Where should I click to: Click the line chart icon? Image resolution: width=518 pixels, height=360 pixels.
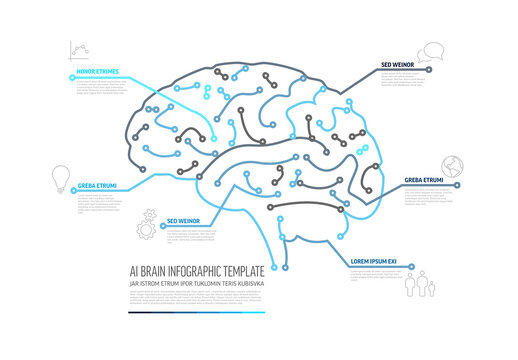(78, 50)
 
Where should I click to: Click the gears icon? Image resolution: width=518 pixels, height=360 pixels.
(147, 221)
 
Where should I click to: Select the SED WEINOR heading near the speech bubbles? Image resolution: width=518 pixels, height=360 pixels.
(398, 66)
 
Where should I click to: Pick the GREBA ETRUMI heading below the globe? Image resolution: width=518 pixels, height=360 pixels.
(424, 181)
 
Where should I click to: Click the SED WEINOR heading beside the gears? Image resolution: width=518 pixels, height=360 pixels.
(183, 220)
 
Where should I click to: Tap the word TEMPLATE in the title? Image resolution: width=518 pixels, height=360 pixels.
(249, 271)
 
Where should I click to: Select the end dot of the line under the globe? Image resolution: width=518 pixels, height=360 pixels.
(458, 185)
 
